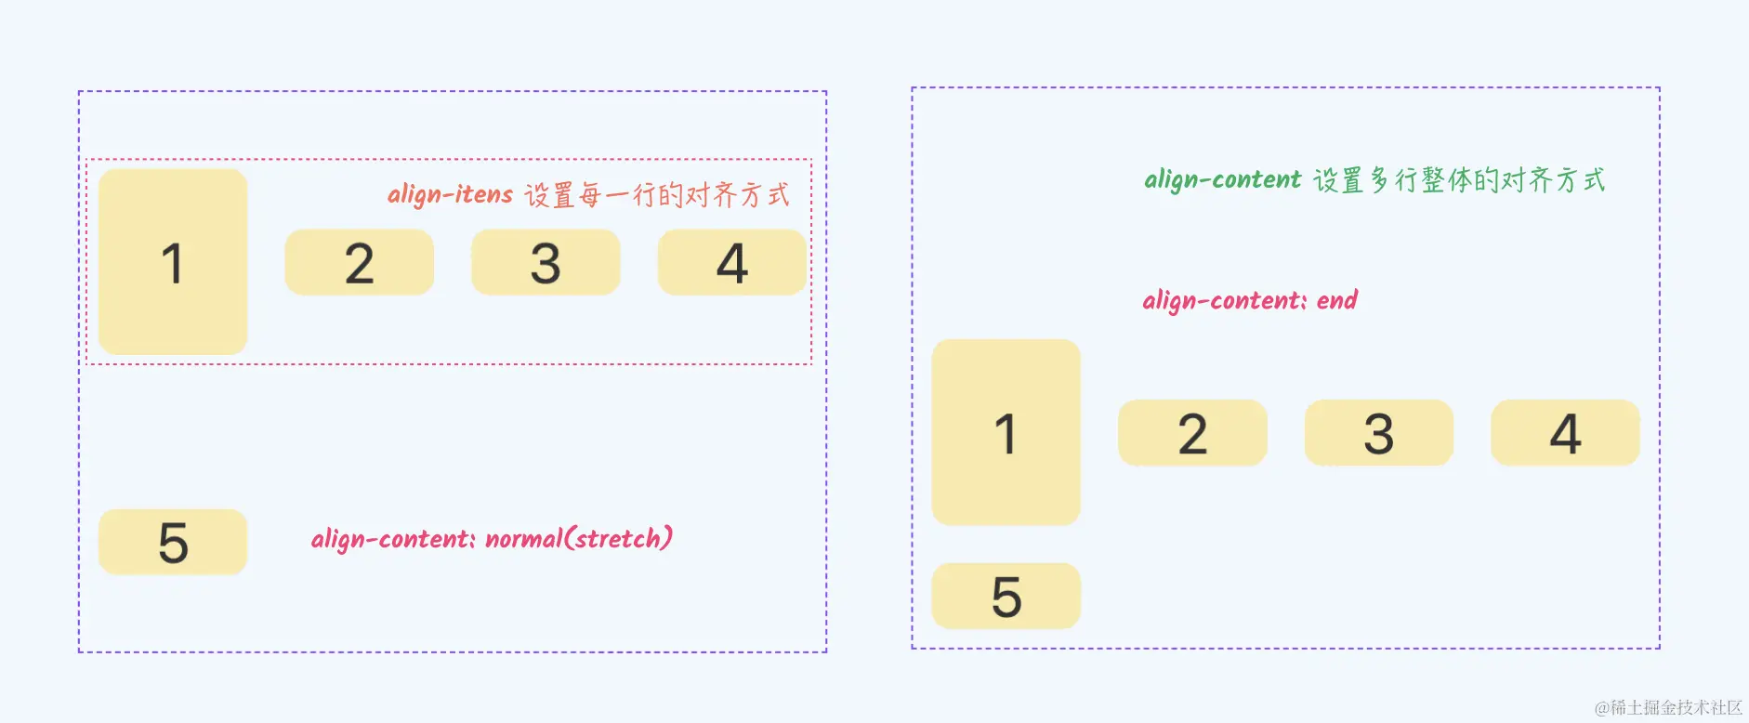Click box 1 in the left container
click(x=173, y=262)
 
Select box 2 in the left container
click(x=359, y=263)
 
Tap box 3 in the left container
click(x=546, y=263)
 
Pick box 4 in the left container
click(x=731, y=263)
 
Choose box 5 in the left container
click(x=173, y=542)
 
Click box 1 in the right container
click(x=1006, y=433)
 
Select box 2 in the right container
click(x=1192, y=433)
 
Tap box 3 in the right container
click(x=1378, y=433)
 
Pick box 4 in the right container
click(x=1565, y=433)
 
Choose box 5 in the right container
click(x=1006, y=596)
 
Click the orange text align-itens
click(x=450, y=194)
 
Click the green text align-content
click(x=1222, y=179)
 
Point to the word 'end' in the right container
click(x=1336, y=300)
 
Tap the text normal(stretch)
click(x=578, y=539)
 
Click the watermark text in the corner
click(x=1668, y=707)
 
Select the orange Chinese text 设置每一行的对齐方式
click(x=657, y=195)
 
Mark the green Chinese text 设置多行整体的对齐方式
click(x=1459, y=180)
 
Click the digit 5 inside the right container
click(x=1006, y=597)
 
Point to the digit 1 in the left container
click(x=172, y=263)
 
